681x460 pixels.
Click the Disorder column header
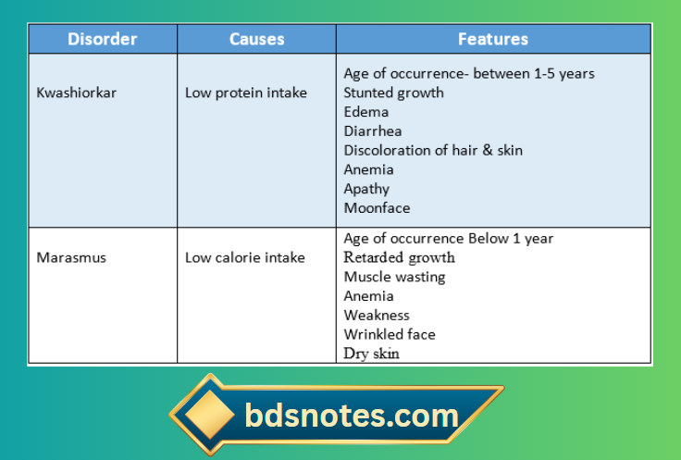(102, 39)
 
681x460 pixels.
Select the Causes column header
(256, 39)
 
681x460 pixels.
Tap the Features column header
(493, 39)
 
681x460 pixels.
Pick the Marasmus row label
(71, 257)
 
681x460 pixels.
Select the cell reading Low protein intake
(246, 93)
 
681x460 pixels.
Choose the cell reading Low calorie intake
(245, 257)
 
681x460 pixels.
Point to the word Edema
(366, 112)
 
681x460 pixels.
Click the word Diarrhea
(373, 131)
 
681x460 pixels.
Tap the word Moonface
(377, 208)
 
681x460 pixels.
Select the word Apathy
(367, 189)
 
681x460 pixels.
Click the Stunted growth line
(393, 93)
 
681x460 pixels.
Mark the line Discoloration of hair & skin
(431, 150)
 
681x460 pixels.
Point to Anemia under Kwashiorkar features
(368, 169)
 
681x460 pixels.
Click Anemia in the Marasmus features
(368, 296)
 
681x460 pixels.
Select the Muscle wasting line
(394, 277)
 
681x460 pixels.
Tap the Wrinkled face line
(390, 334)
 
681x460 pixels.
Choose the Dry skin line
(372, 353)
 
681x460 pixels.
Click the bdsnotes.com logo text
(352, 416)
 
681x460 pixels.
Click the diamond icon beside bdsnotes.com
(205, 416)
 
